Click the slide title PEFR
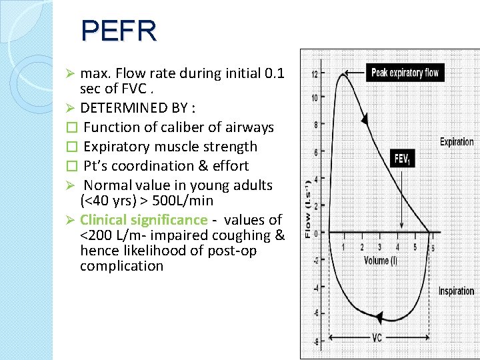coord(119,31)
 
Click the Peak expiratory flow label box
coord(405,72)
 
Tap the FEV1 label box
coord(402,159)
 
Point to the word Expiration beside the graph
coord(457,141)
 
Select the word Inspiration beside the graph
coord(456,291)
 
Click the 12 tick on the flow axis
coord(314,73)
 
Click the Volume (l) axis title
coord(380,260)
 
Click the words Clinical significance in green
coord(143,219)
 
